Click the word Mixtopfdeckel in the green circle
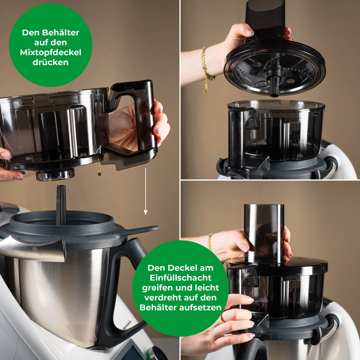(x=51, y=53)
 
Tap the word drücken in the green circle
(x=51, y=62)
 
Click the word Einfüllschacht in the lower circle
(x=181, y=278)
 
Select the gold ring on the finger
(x=223, y=318)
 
